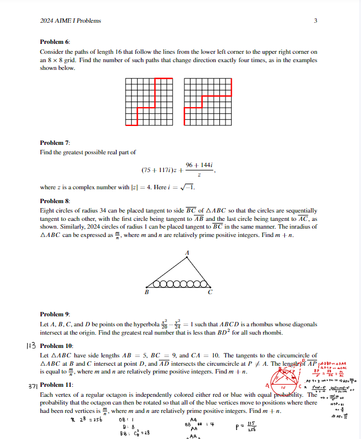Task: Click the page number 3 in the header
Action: pyautogui.click(x=315, y=21)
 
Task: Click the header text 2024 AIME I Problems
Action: pyautogui.click(x=71, y=21)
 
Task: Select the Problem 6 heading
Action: pyautogui.click(x=55, y=42)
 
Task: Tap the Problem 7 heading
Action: pyautogui.click(x=55, y=143)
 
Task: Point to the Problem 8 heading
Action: pyautogui.click(x=55, y=201)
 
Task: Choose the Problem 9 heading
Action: pyautogui.click(x=55, y=314)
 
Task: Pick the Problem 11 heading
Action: pyautogui.click(x=57, y=385)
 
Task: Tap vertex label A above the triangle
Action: pyautogui.click(x=187, y=253)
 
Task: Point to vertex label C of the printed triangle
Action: pyautogui.click(x=209, y=293)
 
